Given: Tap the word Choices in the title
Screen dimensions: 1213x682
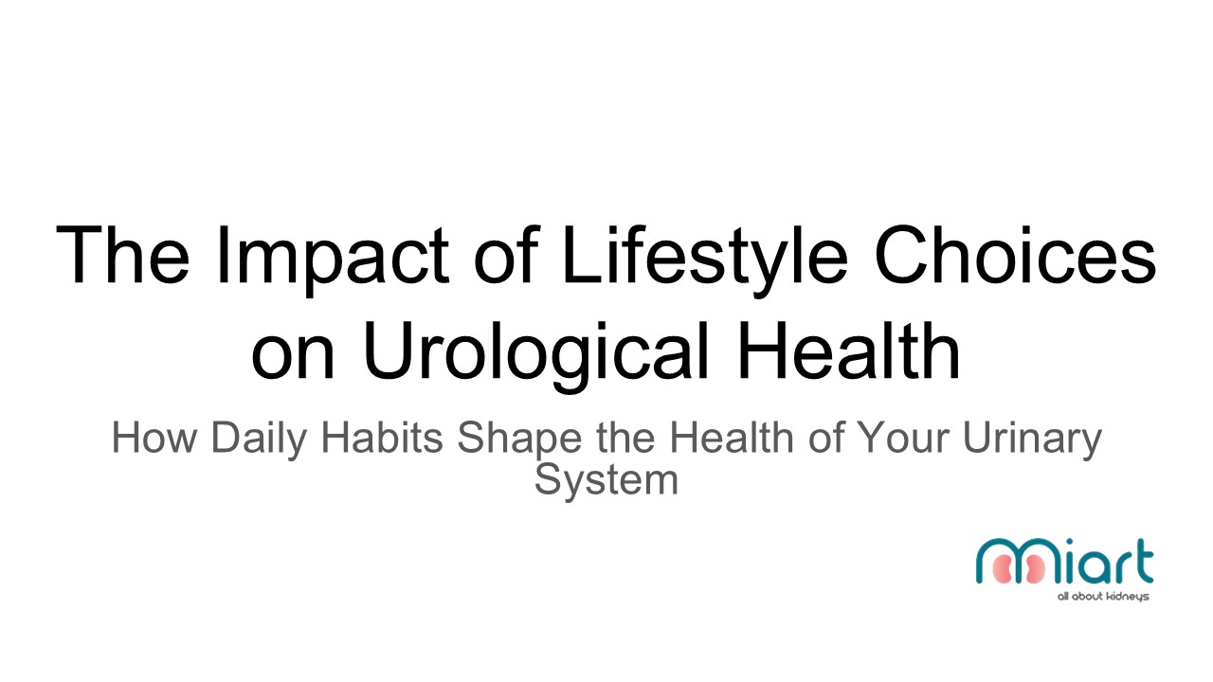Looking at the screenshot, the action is pyautogui.click(x=1016, y=255).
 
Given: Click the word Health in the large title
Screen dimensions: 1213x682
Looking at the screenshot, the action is pyautogui.click(x=848, y=350).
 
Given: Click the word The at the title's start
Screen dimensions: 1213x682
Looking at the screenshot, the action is pyautogui.click(x=123, y=255).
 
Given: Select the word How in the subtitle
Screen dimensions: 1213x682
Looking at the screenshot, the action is pyautogui.click(x=154, y=438).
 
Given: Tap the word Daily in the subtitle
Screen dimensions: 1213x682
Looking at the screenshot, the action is pyautogui.click(x=259, y=440).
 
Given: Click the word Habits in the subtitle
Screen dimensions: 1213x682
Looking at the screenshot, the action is pyautogui.click(x=382, y=438).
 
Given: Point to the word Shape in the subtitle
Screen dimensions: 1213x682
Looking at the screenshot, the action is pyautogui.click(x=520, y=440).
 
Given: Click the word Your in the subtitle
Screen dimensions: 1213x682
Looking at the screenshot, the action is pyautogui.click(x=904, y=438).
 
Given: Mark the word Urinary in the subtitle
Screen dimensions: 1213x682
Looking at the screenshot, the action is pyautogui.click(x=1032, y=440).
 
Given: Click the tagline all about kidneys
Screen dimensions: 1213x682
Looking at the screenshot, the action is pyautogui.click(x=1103, y=597).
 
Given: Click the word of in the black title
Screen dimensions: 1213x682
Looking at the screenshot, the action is pyautogui.click(x=506, y=255).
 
